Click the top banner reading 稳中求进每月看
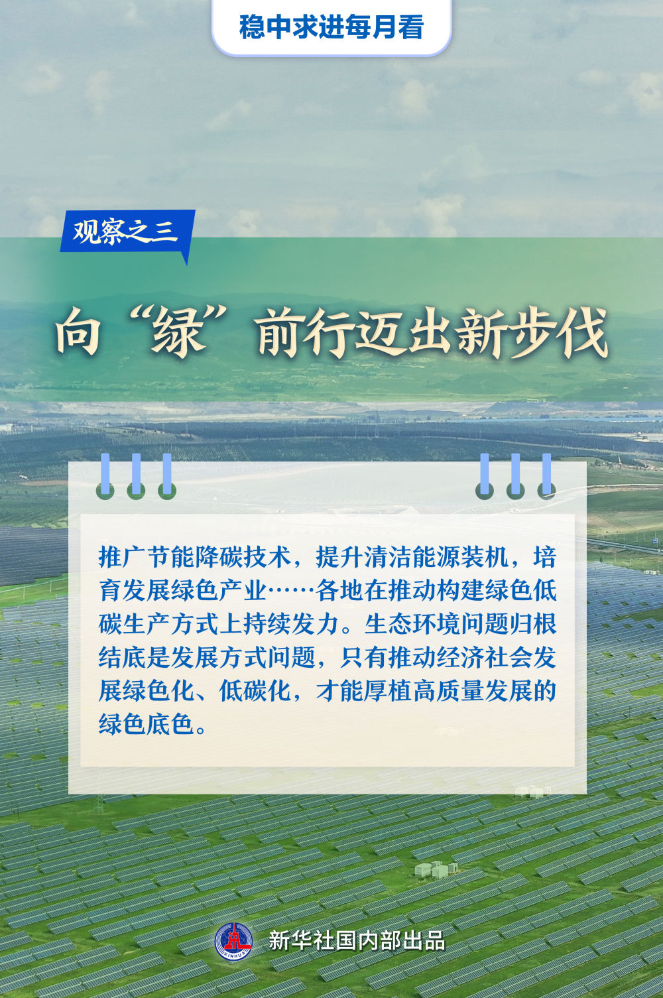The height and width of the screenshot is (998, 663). click(331, 28)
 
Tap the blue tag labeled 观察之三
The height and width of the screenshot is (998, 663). click(126, 231)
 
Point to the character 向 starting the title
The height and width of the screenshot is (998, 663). click(78, 334)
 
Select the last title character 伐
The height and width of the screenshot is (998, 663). click(581, 334)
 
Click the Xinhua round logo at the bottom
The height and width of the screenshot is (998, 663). click(233, 941)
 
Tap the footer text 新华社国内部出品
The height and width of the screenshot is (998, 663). click(356, 941)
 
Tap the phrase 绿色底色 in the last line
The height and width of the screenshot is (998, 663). click(147, 724)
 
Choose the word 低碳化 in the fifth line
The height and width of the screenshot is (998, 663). click(255, 691)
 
